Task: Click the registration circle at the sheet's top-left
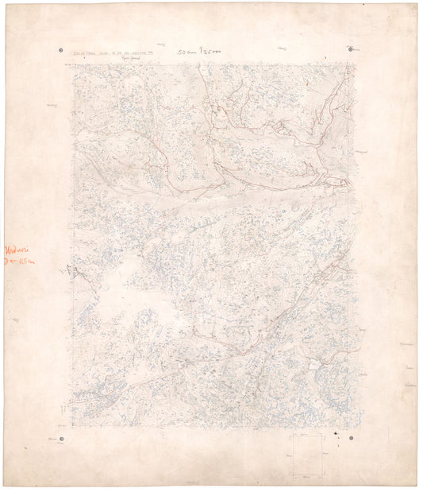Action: tap(62, 50)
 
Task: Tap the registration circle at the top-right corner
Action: tap(352, 49)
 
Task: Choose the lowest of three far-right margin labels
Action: tap(410, 385)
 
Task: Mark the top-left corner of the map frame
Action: tap(74, 65)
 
